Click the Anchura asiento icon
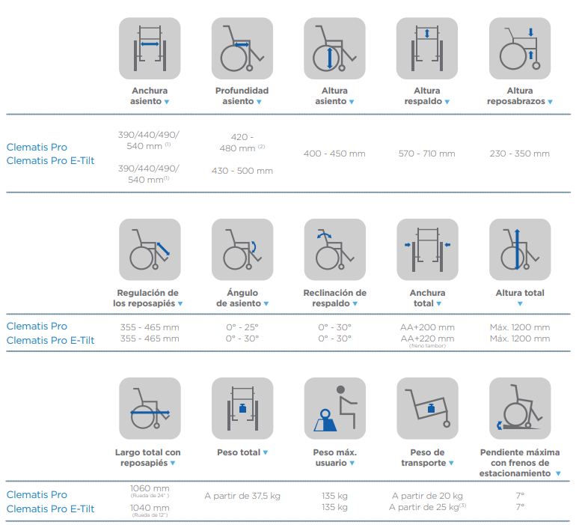150,48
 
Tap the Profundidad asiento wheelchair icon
242,48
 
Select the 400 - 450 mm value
334,154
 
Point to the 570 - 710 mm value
427,154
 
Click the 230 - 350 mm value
520,154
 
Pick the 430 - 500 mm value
242,171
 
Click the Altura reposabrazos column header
520,96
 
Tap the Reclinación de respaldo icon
335,249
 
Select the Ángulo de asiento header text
242,298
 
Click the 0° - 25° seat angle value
242,327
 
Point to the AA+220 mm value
427,339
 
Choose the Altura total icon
520,249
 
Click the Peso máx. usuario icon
335,408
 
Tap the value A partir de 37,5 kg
242,496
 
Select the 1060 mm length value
150,488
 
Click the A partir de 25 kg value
427,507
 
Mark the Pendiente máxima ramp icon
520,408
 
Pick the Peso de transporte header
427,458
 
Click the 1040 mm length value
150,508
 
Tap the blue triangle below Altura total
520,304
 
